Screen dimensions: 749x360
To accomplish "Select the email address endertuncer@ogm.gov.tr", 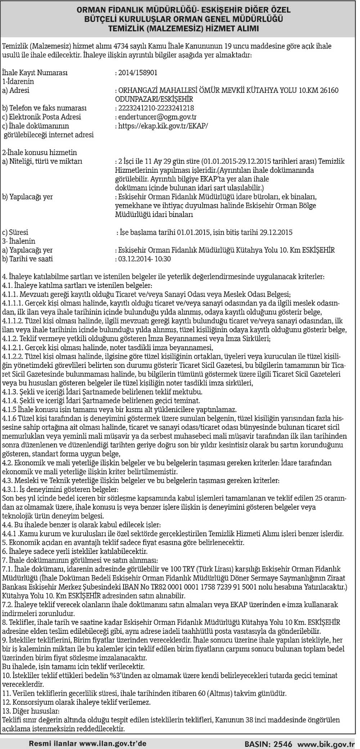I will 157,117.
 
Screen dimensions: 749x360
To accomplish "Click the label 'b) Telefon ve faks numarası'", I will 44,108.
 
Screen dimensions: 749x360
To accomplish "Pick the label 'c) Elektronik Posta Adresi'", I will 41,117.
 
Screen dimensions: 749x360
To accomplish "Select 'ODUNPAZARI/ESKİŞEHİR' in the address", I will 154,99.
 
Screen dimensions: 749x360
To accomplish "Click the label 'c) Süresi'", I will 15,232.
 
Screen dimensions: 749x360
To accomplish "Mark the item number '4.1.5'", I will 9,410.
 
